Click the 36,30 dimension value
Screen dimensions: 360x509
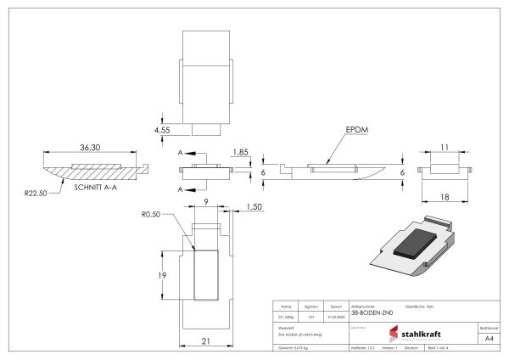90,147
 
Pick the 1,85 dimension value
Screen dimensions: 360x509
241,152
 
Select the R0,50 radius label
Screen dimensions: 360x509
153,215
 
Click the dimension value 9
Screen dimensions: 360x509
205,201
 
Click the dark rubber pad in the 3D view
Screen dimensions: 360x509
417,241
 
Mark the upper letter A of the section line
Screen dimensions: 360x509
182,153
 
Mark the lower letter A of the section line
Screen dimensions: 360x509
182,189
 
